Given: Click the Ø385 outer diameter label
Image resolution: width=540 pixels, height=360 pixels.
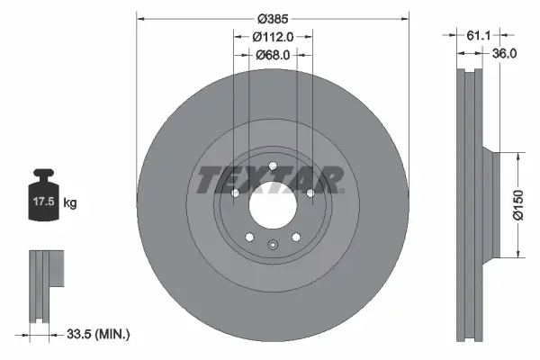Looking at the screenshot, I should [x=271, y=18].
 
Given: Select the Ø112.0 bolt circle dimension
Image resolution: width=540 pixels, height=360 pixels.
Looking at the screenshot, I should [x=272, y=37].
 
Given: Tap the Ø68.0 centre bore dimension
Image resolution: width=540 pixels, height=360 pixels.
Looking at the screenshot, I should [x=271, y=56].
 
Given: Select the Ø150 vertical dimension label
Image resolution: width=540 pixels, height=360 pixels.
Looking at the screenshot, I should [x=517, y=204].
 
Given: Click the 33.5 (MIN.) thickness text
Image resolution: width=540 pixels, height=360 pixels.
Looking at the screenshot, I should [x=98, y=335].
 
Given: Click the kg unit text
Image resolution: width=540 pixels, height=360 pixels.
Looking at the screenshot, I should [x=71, y=204].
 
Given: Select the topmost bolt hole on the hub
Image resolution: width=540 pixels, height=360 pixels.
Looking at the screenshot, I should [x=271, y=164].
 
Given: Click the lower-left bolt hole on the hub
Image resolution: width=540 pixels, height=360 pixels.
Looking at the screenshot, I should [x=248, y=236].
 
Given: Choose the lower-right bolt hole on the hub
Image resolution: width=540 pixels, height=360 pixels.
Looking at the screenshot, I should [x=294, y=236].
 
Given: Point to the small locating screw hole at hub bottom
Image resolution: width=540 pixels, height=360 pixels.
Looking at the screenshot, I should [x=271, y=246].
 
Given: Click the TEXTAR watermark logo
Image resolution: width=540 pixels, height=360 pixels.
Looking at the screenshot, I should [x=269, y=179].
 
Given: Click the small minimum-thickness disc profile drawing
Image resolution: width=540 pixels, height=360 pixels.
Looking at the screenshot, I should [x=44, y=283].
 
